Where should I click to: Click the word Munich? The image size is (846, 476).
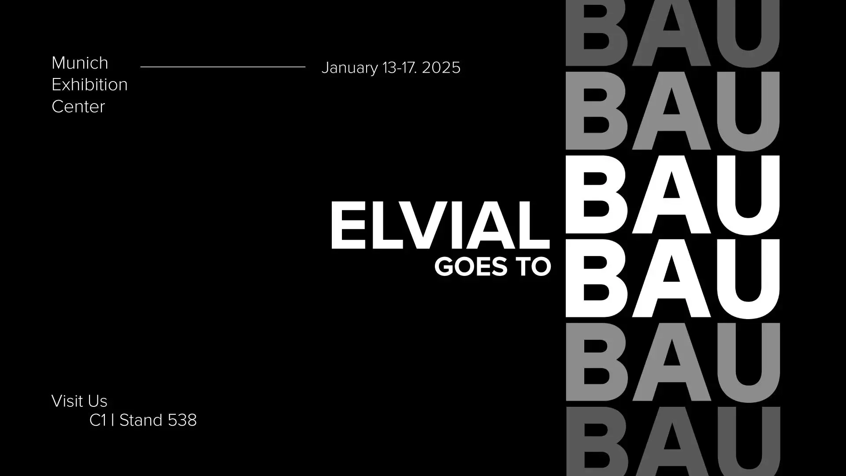pos(80,63)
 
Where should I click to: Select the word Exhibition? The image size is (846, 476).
pos(89,85)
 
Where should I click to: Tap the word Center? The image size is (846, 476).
pos(78,107)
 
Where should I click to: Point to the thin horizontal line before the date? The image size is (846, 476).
pos(223,67)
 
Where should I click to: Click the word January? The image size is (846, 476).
pos(350,68)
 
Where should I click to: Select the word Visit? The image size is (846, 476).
pos(69,401)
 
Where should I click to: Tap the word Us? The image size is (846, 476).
pos(98,401)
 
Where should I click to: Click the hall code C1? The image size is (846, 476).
pos(98,420)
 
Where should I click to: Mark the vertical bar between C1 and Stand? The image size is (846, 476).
pos(113,420)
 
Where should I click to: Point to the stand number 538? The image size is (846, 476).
pos(182,420)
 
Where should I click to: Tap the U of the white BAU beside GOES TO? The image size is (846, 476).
pos(748,279)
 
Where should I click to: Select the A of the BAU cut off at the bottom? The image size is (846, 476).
pos(672,442)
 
